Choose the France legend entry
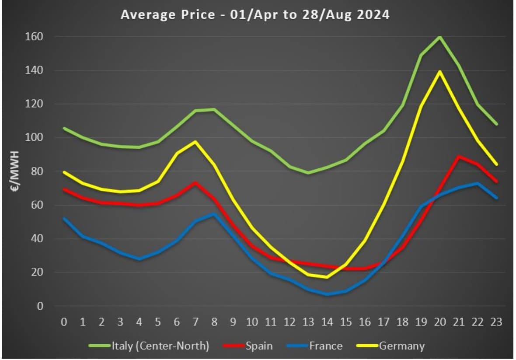(x=326, y=346)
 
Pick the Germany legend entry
(x=401, y=346)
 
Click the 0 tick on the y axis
(x=40, y=306)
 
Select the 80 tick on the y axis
(x=36, y=171)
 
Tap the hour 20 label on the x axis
(x=439, y=322)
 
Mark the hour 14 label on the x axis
(x=327, y=322)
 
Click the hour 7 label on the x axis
(x=195, y=322)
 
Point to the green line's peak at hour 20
(x=439, y=37)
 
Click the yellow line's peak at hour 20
(x=439, y=71)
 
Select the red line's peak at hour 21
(x=458, y=157)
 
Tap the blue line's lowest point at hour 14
(x=327, y=294)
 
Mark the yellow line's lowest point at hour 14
(x=327, y=277)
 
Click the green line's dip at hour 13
(x=308, y=173)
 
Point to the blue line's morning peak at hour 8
(x=214, y=214)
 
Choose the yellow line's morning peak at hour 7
(x=195, y=142)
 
